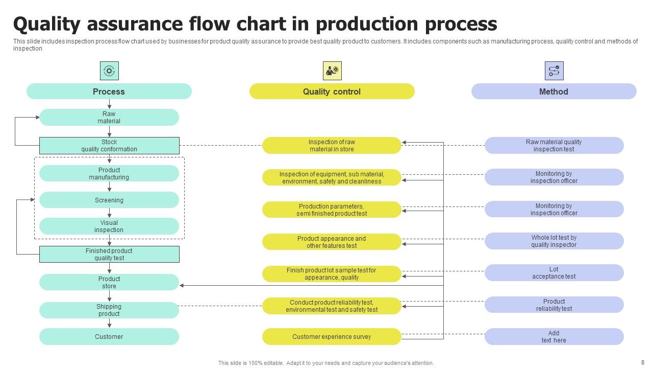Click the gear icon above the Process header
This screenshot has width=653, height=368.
[x=109, y=71]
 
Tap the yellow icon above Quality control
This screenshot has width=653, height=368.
[x=332, y=71]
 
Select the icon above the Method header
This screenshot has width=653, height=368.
[x=554, y=71]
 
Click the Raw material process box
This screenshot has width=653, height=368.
[x=109, y=117]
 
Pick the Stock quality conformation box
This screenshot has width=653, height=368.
[x=109, y=146]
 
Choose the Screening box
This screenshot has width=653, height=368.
[x=109, y=200]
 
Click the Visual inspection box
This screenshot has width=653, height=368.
[x=109, y=226]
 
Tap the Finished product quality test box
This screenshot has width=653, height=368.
[x=109, y=254]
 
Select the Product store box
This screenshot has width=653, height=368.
[x=109, y=282]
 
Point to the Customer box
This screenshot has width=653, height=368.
[x=109, y=336]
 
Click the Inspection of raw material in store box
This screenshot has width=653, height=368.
[x=332, y=145]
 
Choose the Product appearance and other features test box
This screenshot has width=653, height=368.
[x=332, y=242]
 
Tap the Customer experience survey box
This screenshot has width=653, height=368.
[x=332, y=336]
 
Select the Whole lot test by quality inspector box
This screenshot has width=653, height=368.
[x=554, y=241]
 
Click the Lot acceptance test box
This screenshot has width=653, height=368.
[x=554, y=272]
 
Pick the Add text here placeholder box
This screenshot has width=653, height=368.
[x=554, y=336]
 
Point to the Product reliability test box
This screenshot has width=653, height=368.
[x=554, y=305]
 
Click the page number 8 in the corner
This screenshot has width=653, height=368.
[x=642, y=361]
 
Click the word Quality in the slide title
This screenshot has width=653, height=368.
[x=48, y=24]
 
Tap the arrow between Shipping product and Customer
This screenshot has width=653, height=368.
[x=109, y=323]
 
